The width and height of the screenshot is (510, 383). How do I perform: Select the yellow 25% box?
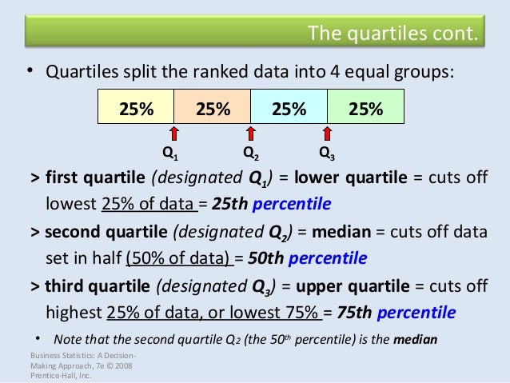(136, 106)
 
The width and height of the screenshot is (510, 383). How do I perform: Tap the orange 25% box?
(213, 106)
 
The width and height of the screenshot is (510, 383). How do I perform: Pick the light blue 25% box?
(289, 106)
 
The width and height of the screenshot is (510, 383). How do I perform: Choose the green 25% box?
(365, 106)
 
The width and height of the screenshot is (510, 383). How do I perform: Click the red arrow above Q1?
(174, 133)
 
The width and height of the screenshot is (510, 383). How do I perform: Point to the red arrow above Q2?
(251, 133)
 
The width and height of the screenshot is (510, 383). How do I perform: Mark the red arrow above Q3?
(327, 133)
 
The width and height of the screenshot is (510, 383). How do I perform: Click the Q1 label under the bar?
(170, 152)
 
